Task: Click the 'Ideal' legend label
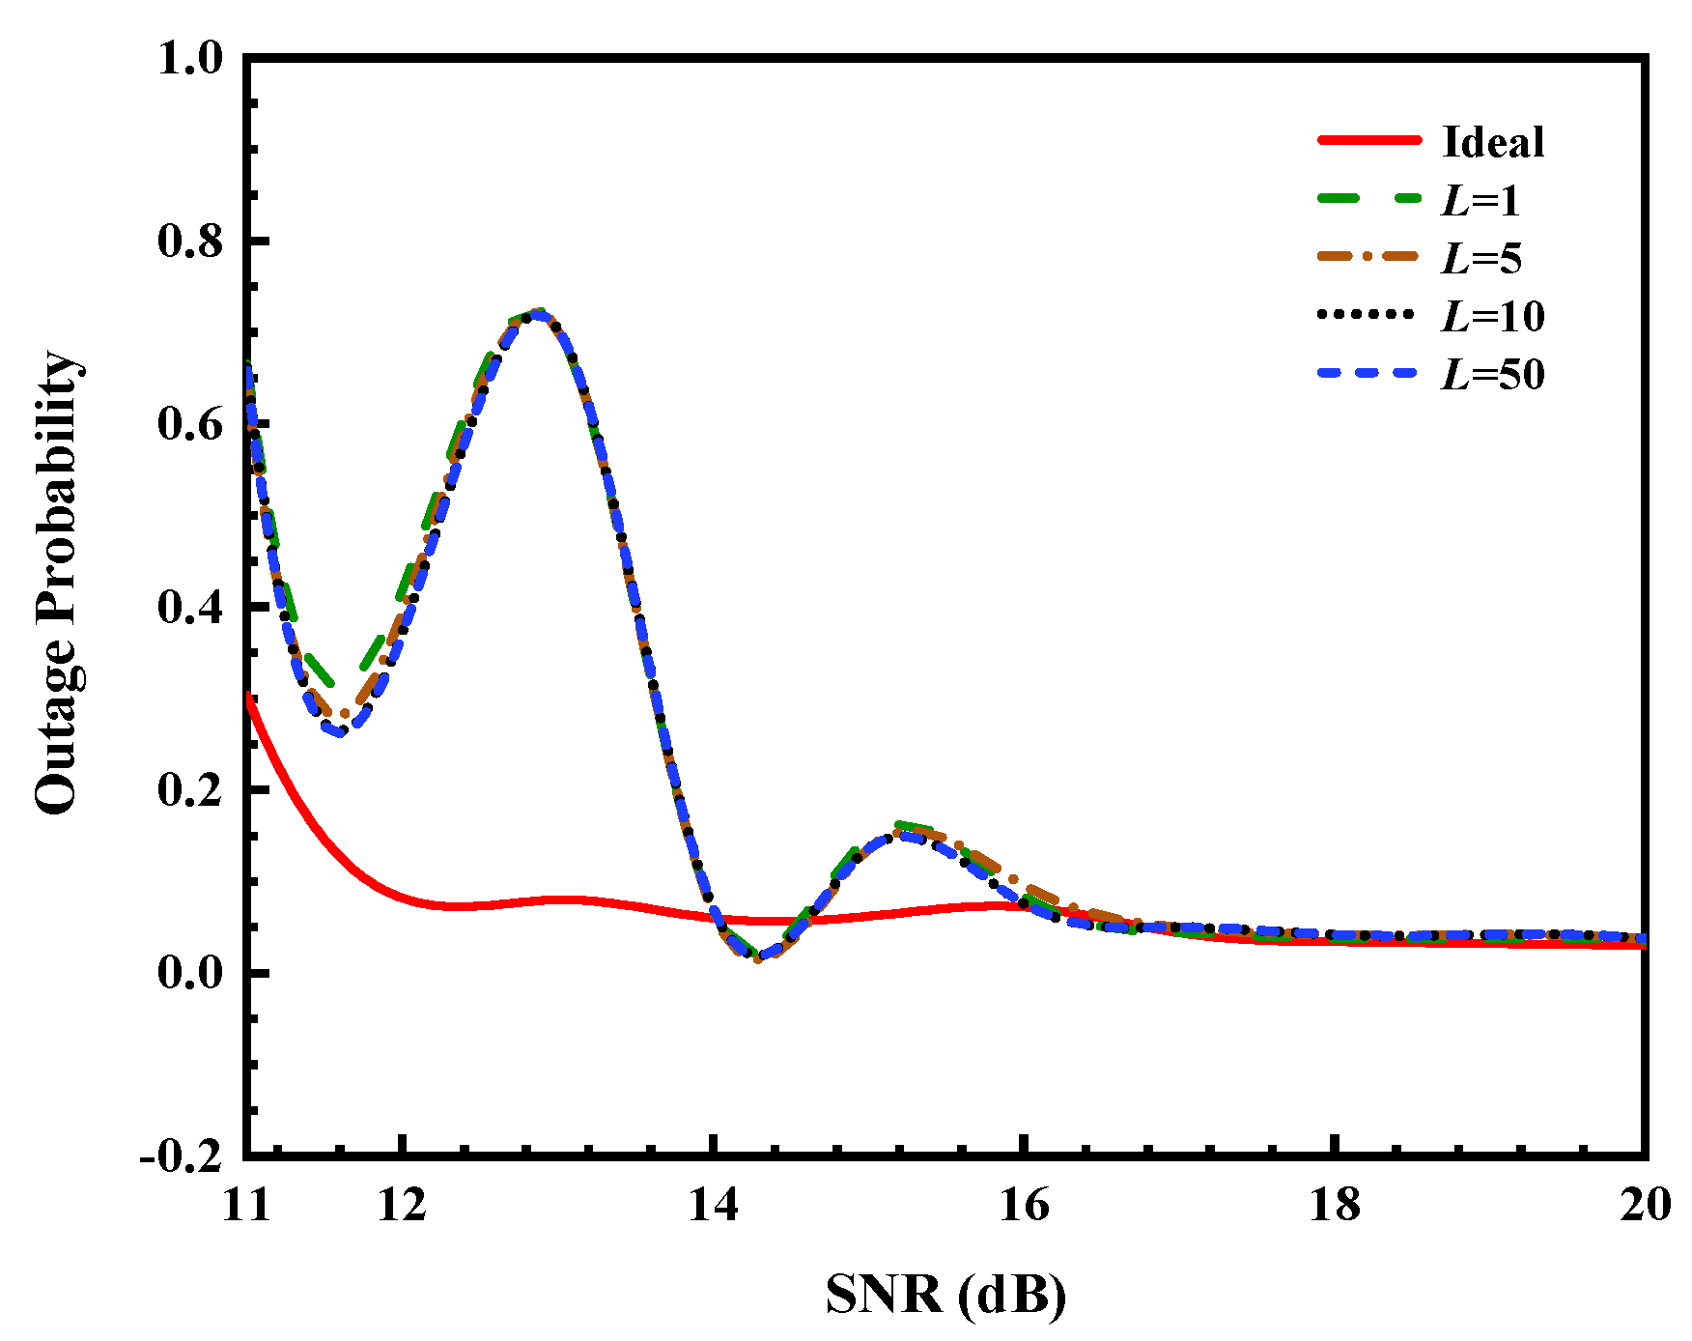[1492, 142]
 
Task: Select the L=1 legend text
[1480, 200]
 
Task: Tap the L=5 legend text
[1481, 258]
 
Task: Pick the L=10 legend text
[1492, 316]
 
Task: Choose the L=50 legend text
[1492, 374]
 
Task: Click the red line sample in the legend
[1368, 141]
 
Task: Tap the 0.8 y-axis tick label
[190, 241]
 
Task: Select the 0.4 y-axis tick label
[190, 607]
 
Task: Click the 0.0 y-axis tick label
[190, 972]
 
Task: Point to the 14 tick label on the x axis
[713, 1205]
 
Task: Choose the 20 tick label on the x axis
[1645, 1205]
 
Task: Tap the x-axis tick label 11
[247, 1205]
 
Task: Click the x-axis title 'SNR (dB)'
[945, 1295]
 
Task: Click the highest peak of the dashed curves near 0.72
[534, 314]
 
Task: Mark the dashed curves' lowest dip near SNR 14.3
[758, 957]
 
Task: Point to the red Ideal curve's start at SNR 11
[249, 698]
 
